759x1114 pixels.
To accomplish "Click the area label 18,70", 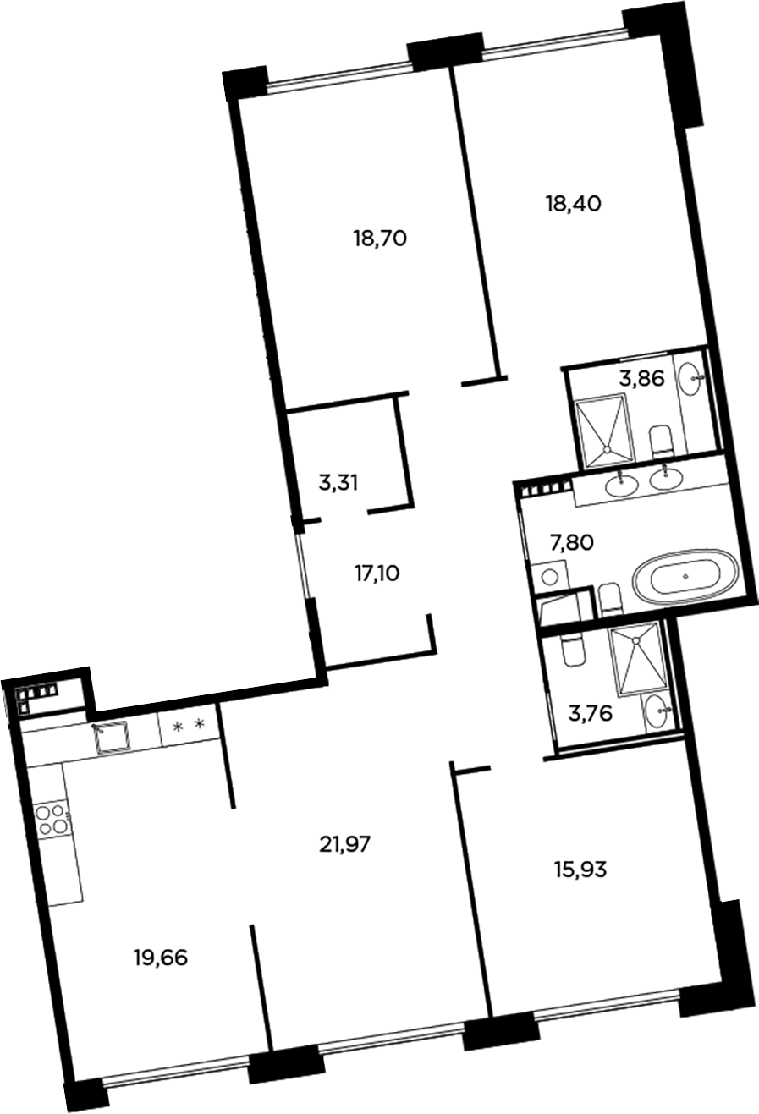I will [380, 239].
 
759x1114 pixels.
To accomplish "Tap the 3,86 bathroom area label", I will [641, 379].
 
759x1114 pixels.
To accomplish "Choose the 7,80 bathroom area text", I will [570, 541].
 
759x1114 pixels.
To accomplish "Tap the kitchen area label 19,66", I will [160, 958].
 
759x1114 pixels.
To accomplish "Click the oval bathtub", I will [686, 578].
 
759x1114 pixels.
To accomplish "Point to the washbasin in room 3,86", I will [696, 379].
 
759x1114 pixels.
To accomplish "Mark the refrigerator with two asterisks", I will [189, 726].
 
